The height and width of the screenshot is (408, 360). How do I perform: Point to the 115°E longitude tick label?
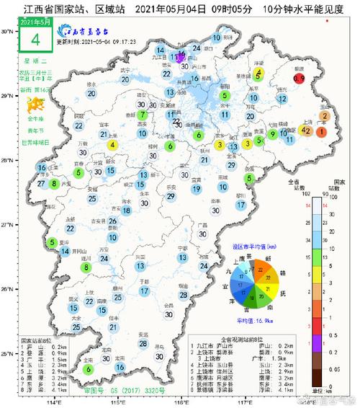[117, 402]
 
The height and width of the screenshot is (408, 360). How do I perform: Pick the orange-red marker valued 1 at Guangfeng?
[321, 132]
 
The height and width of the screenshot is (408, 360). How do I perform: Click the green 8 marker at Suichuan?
[87, 267]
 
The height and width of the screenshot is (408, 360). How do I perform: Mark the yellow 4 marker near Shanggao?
[112, 145]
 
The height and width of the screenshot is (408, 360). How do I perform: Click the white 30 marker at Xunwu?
[159, 355]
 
